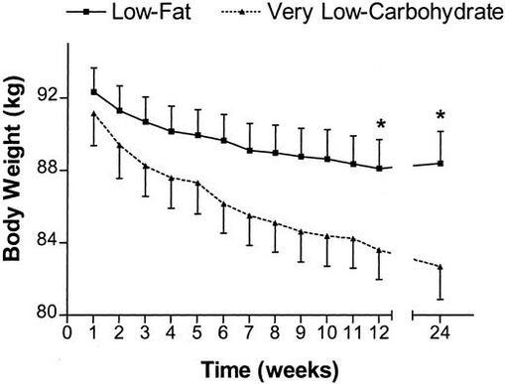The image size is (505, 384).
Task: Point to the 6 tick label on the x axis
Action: click(223, 333)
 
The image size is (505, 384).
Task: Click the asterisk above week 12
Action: click(380, 125)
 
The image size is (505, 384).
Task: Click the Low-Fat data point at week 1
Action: click(93, 91)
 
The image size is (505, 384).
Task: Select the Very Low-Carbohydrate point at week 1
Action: click(93, 114)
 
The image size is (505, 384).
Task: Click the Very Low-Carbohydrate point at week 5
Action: click(197, 184)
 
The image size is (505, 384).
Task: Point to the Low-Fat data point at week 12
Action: click(379, 169)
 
